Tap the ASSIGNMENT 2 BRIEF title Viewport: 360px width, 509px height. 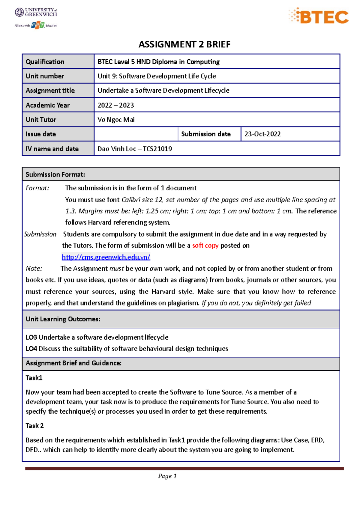[x=184, y=44]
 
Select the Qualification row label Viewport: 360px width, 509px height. [x=45, y=62]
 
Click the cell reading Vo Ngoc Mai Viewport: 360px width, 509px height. [x=116, y=120]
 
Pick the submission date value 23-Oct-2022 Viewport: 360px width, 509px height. [x=262, y=134]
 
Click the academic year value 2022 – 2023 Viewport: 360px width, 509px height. [x=116, y=105]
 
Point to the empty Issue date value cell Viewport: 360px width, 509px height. [x=136, y=134]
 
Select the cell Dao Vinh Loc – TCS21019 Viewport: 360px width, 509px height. [x=135, y=149]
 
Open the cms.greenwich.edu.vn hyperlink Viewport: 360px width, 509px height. [x=106, y=257]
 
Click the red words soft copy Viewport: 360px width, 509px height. [x=205, y=246]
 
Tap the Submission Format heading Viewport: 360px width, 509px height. [x=55, y=174]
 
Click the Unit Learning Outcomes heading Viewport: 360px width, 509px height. [x=63, y=319]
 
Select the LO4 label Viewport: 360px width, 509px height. [x=31, y=349]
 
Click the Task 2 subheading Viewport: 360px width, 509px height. [x=34, y=426]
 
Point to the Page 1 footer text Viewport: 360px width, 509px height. [x=167, y=476]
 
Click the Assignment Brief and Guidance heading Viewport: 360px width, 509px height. [x=73, y=363]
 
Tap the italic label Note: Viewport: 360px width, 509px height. [x=34, y=269]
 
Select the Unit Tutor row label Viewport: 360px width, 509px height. [x=41, y=120]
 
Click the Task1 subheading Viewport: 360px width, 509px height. [x=34, y=378]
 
